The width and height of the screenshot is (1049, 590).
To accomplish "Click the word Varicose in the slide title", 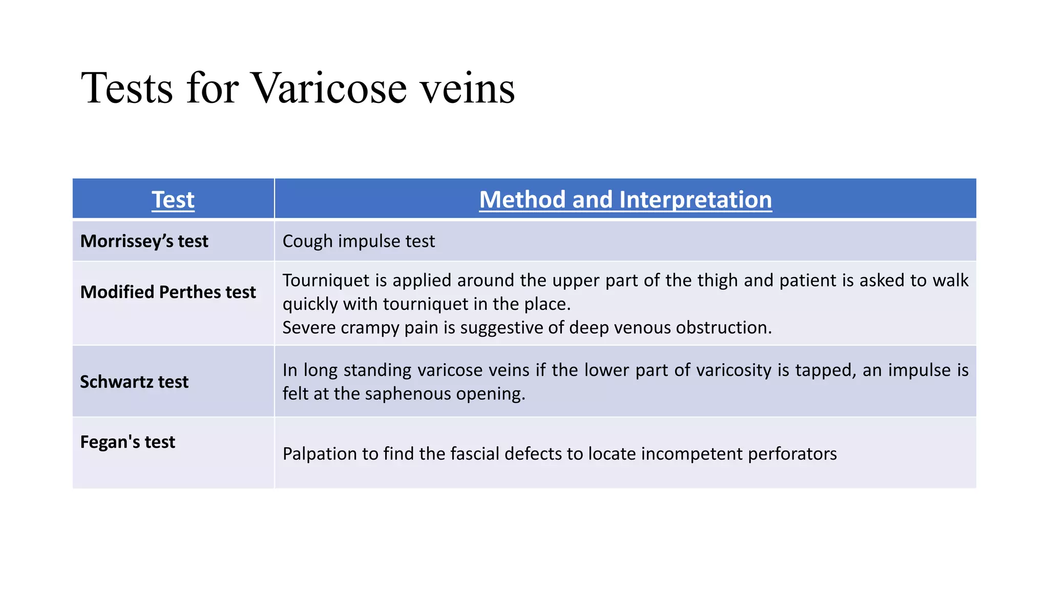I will [x=330, y=88].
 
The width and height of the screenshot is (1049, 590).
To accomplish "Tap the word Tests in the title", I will [x=127, y=88].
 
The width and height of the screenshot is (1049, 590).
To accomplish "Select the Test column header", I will [x=173, y=199].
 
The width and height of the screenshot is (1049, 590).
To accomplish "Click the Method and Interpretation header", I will [x=625, y=199].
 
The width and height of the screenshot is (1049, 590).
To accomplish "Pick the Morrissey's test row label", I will [x=144, y=241].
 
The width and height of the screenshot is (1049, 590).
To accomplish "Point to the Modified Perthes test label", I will [x=168, y=292].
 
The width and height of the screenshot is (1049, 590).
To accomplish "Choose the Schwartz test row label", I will [x=134, y=382].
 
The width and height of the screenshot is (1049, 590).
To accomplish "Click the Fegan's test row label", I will [x=128, y=442].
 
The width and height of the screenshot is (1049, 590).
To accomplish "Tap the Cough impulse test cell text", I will [x=359, y=241].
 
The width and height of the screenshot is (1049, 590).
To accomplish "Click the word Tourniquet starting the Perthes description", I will [x=326, y=281].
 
